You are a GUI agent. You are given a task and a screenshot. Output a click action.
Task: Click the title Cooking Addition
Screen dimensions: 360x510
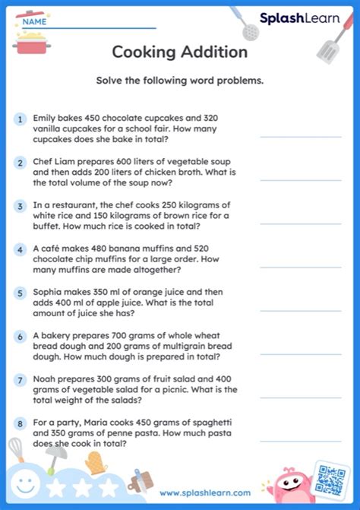[180, 52]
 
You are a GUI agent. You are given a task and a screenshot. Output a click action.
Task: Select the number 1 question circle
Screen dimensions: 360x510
[18, 119]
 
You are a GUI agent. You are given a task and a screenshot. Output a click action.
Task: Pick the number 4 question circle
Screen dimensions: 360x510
[18, 249]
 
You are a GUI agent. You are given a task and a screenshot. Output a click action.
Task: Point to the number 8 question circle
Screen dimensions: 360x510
[18, 422]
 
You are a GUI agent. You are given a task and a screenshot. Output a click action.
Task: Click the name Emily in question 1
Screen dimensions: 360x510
[46, 119]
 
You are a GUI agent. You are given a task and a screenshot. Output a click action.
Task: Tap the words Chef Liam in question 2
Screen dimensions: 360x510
[57, 162]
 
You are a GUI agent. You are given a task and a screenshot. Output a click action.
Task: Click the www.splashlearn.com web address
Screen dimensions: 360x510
[205, 493]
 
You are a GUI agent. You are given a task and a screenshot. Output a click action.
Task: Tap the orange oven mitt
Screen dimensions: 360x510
[93, 461]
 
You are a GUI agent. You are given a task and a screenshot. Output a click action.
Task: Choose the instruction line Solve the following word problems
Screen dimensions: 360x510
[180, 81]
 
